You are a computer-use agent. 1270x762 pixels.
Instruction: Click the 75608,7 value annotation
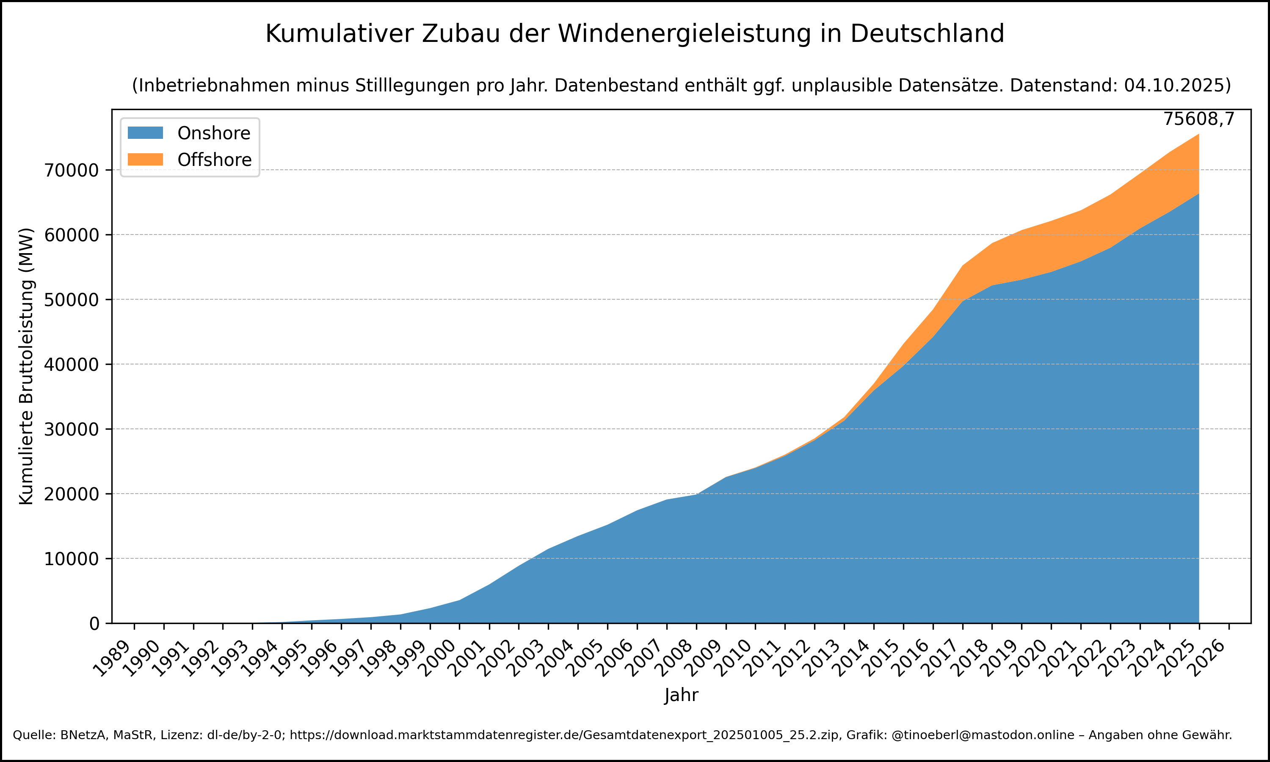pyautogui.click(x=1198, y=119)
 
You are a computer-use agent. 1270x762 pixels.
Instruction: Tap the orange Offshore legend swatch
pyautogui.click(x=145, y=160)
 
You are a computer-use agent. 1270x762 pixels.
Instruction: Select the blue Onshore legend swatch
pyautogui.click(x=145, y=133)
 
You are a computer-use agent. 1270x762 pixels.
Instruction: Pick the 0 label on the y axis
pyautogui.click(x=94, y=624)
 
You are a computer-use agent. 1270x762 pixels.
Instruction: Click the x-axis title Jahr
pyautogui.click(x=681, y=695)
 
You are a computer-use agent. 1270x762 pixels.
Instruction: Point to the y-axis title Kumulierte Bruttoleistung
pyautogui.click(x=26, y=366)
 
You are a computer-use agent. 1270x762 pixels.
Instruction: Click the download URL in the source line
pyautogui.click(x=565, y=735)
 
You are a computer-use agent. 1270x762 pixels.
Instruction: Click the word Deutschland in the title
pyautogui.click(x=927, y=34)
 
